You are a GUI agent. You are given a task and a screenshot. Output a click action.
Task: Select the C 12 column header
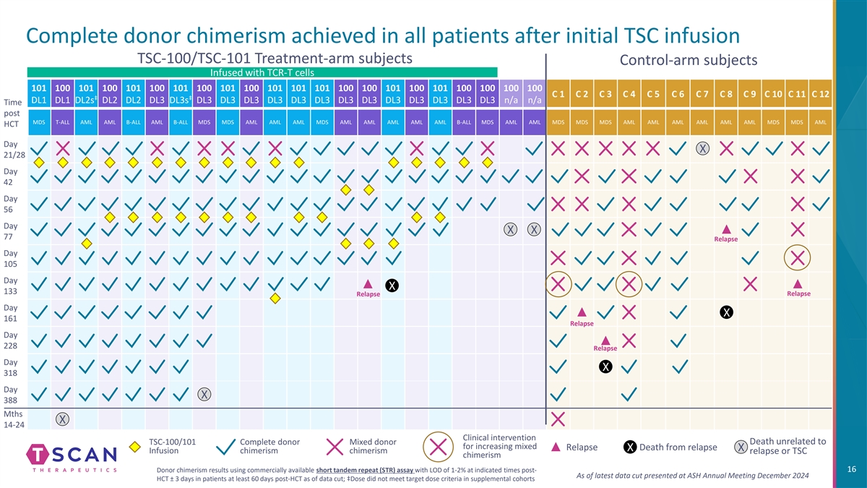[820, 94]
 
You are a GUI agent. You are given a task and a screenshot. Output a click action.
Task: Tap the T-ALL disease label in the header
[62, 122]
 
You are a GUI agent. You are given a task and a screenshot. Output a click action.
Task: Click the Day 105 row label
[11, 259]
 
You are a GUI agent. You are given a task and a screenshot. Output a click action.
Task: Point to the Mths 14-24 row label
[14, 419]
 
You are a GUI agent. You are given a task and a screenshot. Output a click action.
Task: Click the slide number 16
[850, 471]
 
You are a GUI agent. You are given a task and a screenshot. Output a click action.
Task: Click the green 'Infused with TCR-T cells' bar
[262, 72]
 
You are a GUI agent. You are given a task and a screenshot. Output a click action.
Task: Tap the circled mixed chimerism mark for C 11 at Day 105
[798, 258]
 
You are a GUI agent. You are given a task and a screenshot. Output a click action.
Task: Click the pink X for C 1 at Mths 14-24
[558, 419]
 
